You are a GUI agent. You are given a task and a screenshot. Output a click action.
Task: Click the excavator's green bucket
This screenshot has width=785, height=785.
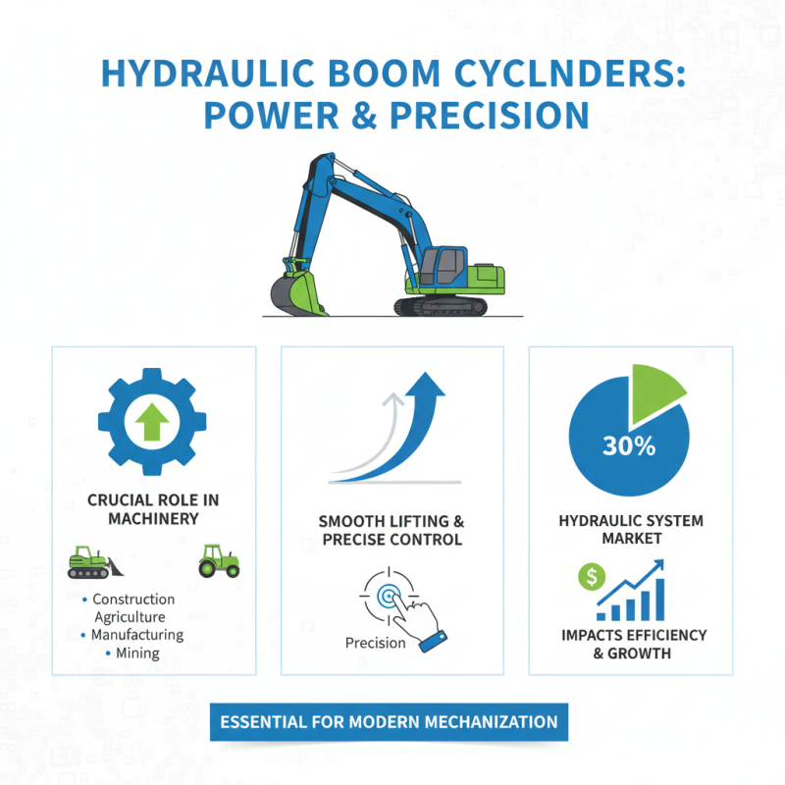point(296,291)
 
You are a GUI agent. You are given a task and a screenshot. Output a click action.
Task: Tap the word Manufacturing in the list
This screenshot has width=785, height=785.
point(137,635)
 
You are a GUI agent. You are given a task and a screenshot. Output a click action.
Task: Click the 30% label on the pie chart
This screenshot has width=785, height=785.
point(628,445)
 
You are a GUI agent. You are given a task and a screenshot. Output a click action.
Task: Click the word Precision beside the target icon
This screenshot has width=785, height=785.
point(375,643)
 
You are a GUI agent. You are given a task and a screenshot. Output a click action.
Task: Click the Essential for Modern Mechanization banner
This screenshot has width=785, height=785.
point(389,722)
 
